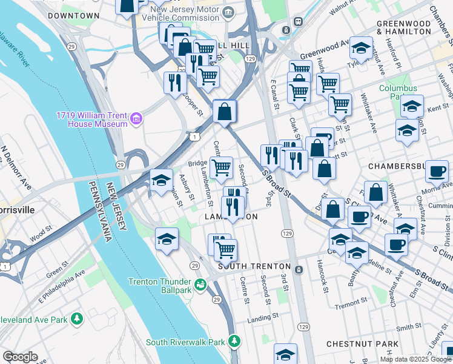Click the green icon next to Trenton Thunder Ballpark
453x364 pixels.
[200, 283]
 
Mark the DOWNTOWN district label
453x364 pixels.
[73, 15]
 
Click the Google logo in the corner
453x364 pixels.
[20, 357]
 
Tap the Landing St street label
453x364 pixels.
[262, 316]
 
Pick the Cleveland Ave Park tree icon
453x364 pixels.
[76, 318]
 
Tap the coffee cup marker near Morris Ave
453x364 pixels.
[436, 171]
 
